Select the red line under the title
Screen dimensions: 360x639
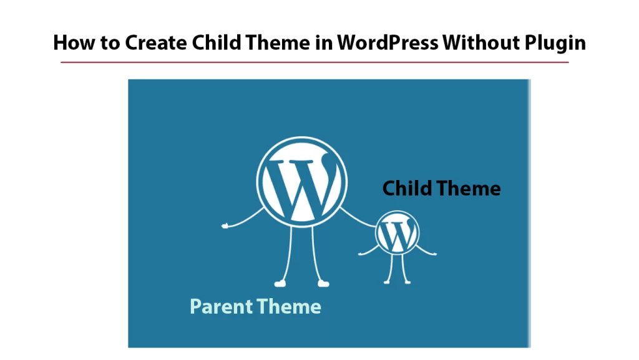click(315, 62)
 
